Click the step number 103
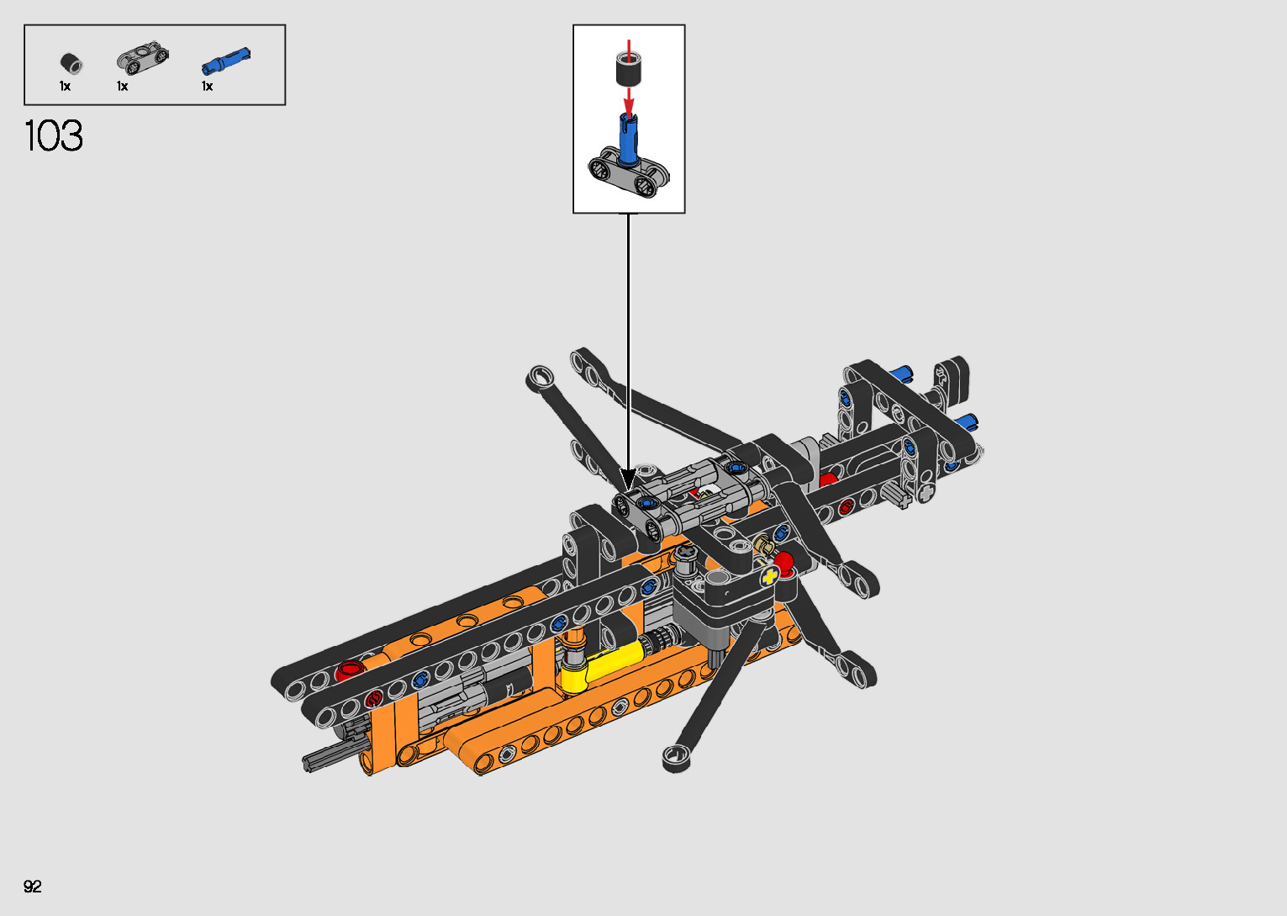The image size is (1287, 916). [54, 136]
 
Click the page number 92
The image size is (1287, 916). [33, 886]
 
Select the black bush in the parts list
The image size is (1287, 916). [71, 63]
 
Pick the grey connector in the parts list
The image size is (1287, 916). [143, 58]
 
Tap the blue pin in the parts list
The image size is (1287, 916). [226, 61]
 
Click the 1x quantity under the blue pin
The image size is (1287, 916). [208, 87]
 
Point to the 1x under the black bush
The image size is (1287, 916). [65, 87]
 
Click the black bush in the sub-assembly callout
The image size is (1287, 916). [629, 68]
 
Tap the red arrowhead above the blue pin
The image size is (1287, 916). [629, 107]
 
